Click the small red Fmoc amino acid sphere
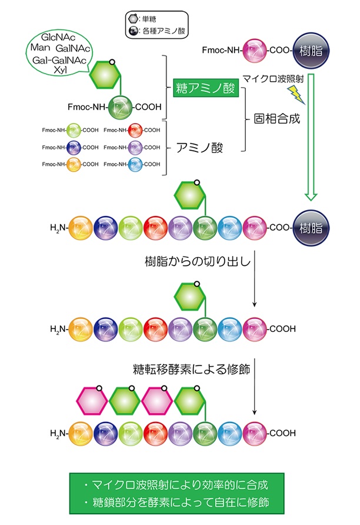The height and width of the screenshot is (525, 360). click(136, 130)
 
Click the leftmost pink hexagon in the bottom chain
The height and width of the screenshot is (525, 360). click(91, 403)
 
